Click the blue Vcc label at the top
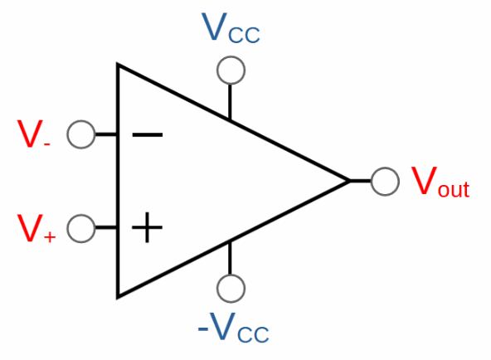(x=231, y=27)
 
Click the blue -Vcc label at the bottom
(x=234, y=327)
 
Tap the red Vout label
(x=440, y=182)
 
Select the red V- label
(x=33, y=134)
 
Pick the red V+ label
(x=36, y=228)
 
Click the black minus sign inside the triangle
(x=148, y=134)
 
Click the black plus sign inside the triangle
(x=147, y=227)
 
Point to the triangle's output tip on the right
(x=350, y=181)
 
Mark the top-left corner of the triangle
(x=117, y=64)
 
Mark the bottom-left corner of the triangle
(x=117, y=298)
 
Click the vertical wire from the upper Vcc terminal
(x=230, y=102)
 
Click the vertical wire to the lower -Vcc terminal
(x=230, y=258)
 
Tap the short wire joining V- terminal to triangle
(x=106, y=134)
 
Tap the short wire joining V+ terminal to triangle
(x=106, y=227)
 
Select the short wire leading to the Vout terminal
(x=361, y=181)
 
